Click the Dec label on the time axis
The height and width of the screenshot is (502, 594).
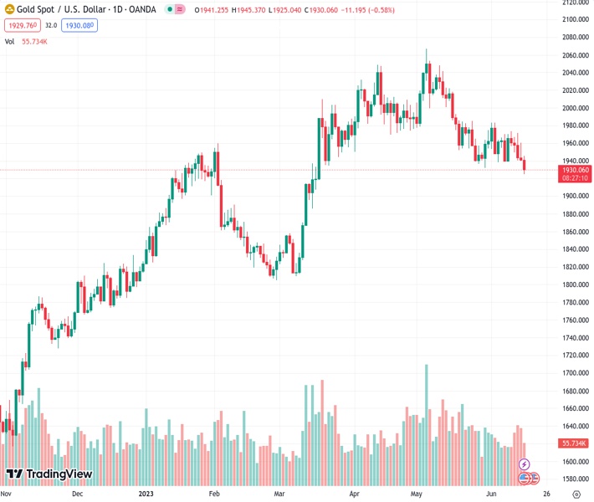(77, 493)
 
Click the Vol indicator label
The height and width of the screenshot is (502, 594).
(9, 41)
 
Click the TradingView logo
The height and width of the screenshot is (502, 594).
(49, 474)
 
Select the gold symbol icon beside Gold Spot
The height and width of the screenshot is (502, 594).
(9, 9)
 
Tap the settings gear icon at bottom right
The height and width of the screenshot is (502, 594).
(576, 494)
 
